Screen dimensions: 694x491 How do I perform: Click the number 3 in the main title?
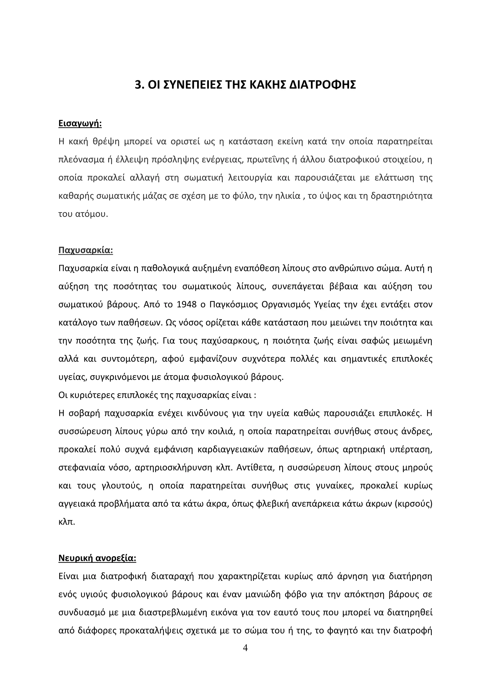138,85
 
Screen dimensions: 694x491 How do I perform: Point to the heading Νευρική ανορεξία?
97,558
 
